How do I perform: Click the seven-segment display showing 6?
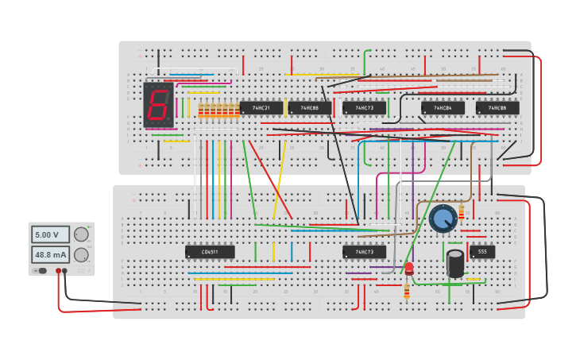click(x=158, y=104)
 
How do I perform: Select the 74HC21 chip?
click(x=261, y=107)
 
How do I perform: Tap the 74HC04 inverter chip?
click(x=443, y=107)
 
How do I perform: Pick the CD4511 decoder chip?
click(x=210, y=252)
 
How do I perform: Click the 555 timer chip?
click(x=482, y=252)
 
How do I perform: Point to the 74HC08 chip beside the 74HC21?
click(x=310, y=107)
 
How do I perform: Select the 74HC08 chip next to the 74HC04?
click(x=497, y=107)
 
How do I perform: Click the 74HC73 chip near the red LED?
click(x=364, y=252)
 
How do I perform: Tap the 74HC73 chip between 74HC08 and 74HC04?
click(x=364, y=107)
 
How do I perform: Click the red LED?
click(x=408, y=269)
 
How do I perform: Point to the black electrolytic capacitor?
click(x=455, y=263)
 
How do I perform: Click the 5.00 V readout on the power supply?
click(x=51, y=234)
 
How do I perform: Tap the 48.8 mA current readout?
click(x=51, y=254)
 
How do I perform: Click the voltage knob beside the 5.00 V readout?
click(x=81, y=234)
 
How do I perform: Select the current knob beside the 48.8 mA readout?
click(x=81, y=254)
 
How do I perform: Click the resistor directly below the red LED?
click(x=407, y=292)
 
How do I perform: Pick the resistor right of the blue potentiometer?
click(x=462, y=212)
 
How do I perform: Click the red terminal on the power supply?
click(x=58, y=271)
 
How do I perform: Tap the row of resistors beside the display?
click(x=218, y=110)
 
